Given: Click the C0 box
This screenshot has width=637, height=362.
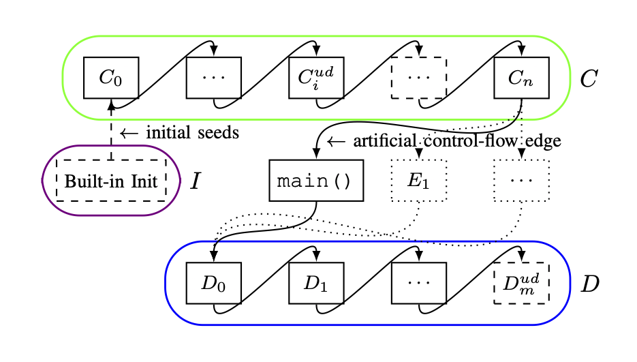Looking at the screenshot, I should [x=111, y=77].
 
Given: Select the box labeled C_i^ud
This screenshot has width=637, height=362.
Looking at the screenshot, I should [x=316, y=77].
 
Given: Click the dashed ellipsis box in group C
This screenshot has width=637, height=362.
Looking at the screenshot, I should [x=419, y=77].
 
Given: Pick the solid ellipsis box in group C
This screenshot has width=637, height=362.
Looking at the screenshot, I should [x=214, y=77].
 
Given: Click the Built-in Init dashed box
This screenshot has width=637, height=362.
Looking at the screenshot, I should [x=110, y=181].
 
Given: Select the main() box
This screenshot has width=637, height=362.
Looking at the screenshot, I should [x=316, y=181].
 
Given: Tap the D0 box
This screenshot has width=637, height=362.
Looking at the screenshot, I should [x=214, y=283].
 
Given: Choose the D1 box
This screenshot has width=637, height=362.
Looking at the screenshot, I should [x=316, y=283].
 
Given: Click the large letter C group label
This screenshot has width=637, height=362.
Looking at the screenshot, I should [x=588, y=78].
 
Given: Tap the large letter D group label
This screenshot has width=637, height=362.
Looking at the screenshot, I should [x=589, y=284].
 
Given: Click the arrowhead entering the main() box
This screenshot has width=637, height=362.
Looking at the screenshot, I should [x=316, y=156].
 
